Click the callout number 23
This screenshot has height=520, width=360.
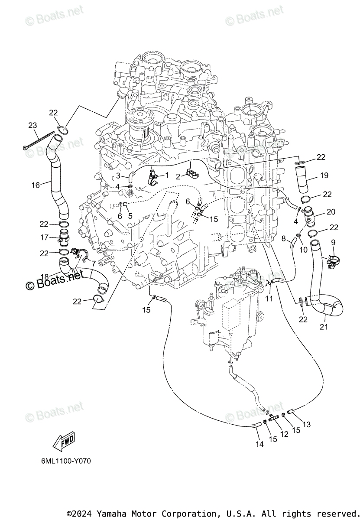pyautogui.click(x=32, y=126)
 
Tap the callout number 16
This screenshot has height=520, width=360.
pyautogui.click(x=36, y=185)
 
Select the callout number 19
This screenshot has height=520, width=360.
pyautogui.click(x=324, y=175)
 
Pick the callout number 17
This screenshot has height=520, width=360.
pyautogui.click(x=44, y=237)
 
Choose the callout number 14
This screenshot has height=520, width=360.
pyautogui.click(x=259, y=444)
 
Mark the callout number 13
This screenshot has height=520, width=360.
pyautogui.click(x=306, y=425)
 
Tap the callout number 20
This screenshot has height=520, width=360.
pyautogui.click(x=331, y=211)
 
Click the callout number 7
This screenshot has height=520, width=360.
pyautogui.click(x=93, y=263)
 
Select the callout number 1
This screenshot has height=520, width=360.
pyautogui.click(x=166, y=175)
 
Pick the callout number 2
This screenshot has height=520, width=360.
pyautogui.click(x=178, y=176)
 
